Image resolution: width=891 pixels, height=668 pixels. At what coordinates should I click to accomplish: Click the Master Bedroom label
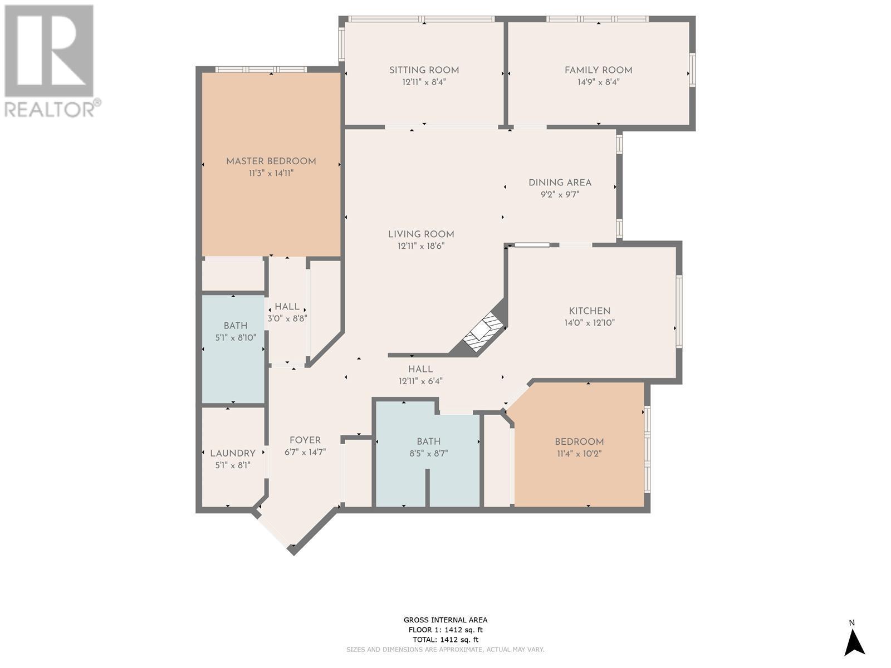(271, 161)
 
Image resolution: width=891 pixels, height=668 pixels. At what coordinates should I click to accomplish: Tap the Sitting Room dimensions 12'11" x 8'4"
(424, 82)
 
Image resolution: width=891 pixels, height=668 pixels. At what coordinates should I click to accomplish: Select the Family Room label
(598, 70)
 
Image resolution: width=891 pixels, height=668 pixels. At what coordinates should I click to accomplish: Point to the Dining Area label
(560, 183)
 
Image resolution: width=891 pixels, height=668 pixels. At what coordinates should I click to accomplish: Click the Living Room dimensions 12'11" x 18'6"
(421, 246)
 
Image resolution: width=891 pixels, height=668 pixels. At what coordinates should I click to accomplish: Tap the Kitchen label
(589, 311)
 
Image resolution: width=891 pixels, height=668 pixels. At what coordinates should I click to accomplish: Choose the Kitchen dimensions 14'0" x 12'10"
(589, 323)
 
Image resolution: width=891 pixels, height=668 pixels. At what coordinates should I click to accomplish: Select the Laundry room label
(233, 453)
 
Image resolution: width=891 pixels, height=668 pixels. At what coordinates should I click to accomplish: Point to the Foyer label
(305, 440)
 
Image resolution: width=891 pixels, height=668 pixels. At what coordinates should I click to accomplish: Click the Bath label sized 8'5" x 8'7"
(428, 441)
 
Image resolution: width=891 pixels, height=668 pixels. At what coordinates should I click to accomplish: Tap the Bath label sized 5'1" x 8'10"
(236, 326)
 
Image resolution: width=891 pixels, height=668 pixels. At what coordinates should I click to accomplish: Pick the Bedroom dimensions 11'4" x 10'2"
(579, 453)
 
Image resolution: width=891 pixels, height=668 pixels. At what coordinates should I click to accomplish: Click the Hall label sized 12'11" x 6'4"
(420, 369)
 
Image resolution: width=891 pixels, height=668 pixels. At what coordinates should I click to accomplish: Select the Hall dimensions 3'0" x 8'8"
(287, 318)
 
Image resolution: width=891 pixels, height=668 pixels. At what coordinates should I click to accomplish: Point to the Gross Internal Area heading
(445, 620)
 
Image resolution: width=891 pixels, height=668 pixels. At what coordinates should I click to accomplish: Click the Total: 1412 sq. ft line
(445, 640)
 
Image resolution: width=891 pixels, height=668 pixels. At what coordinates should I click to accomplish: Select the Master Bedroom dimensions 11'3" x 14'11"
(271, 173)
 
